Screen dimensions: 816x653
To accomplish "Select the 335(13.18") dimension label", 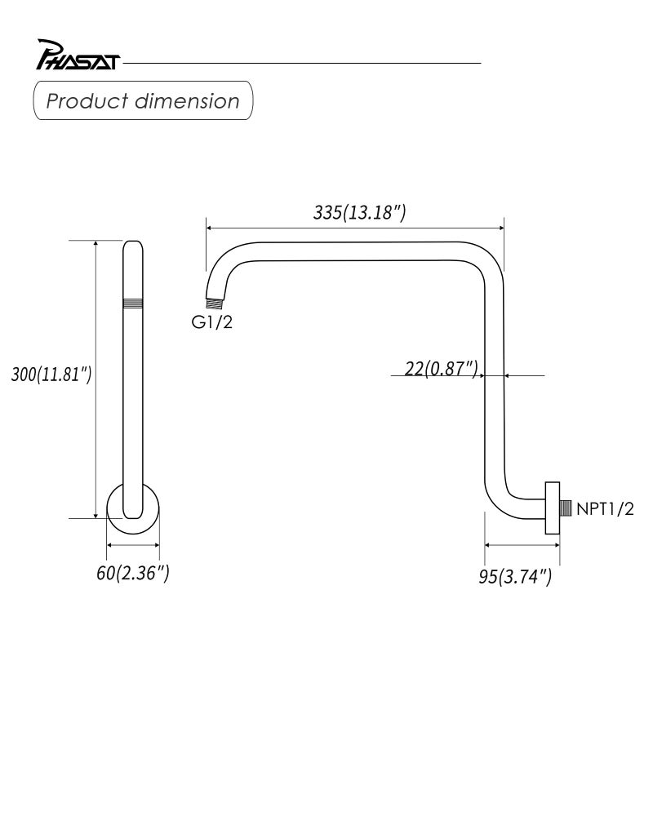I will (359, 213).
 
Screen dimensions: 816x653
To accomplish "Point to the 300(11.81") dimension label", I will (51, 375).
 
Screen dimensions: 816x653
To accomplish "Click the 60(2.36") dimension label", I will (133, 573).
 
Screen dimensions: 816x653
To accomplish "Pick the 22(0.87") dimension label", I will (441, 369).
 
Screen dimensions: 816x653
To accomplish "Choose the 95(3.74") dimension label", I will (515, 576).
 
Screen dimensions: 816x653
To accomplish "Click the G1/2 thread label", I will (212, 322).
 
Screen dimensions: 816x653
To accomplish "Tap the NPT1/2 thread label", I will (605, 509).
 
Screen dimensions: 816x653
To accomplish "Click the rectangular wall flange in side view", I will (552, 507).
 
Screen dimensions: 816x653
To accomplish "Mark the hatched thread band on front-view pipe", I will (132, 303).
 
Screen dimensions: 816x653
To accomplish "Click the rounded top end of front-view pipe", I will (132, 246).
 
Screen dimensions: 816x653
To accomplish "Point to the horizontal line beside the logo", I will (302, 63).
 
